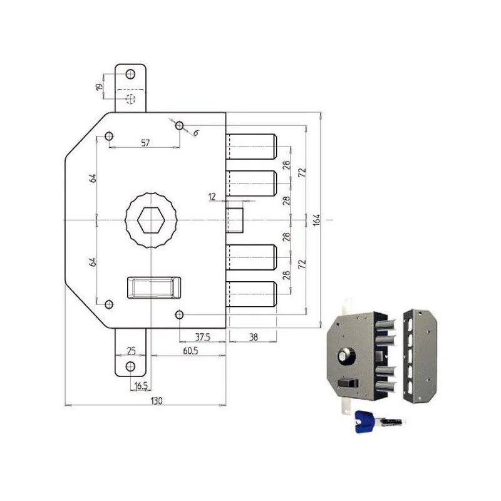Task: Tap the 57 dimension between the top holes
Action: click(145, 143)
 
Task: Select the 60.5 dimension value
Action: click(187, 352)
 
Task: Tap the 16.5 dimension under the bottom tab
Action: click(141, 386)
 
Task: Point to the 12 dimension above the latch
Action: click(212, 197)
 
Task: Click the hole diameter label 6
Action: click(195, 132)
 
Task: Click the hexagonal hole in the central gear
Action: click(151, 220)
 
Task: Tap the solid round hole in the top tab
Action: click(130, 75)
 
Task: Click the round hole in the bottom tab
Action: click(130, 366)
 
